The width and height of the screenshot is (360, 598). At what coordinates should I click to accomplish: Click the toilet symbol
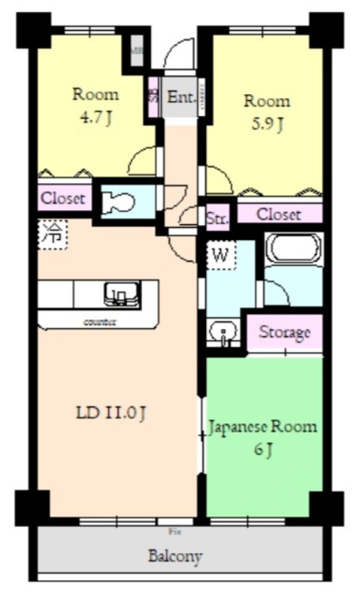(x=118, y=203)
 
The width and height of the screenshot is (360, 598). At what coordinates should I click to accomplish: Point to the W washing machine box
(x=220, y=255)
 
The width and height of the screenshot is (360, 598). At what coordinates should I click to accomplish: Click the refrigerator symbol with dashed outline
(x=52, y=233)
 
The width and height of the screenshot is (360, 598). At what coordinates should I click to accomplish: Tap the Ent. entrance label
(x=181, y=97)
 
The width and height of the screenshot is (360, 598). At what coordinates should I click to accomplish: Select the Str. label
(x=217, y=218)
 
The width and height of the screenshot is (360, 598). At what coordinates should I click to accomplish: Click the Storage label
(x=284, y=332)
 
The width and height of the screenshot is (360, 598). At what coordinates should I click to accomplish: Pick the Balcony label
(x=175, y=556)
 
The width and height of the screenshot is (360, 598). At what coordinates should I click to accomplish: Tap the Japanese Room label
(x=262, y=428)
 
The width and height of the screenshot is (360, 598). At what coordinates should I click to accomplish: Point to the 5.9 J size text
(x=266, y=123)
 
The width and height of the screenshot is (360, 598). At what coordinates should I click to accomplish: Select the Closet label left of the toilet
(x=63, y=199)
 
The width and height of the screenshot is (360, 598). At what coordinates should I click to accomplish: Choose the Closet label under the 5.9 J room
(x=279, y=215)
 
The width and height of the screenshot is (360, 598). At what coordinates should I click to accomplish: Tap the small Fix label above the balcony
(x=175, y=531)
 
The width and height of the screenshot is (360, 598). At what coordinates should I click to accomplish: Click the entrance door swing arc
(x=179, y=53)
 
